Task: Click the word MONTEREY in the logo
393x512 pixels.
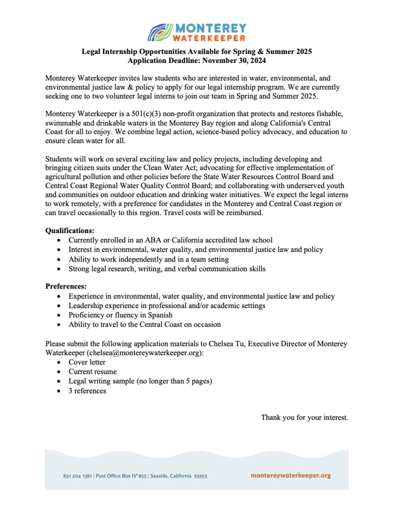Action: pos(210,27)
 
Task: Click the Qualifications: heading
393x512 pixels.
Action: pos(69,230)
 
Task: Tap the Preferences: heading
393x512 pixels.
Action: pos(66,286)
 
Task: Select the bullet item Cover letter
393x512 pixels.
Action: pos(87,362)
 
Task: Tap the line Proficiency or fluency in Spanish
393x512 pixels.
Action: pos(120,315)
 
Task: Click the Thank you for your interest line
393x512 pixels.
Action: pos(304,417)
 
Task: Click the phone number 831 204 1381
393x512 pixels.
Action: pos(78,476)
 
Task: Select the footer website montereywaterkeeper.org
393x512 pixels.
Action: pos(291,475)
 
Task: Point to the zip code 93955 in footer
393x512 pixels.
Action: pos(200,476)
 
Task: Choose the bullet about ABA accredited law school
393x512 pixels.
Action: pos(170,240)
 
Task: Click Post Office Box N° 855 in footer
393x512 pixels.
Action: pos(121,476)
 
